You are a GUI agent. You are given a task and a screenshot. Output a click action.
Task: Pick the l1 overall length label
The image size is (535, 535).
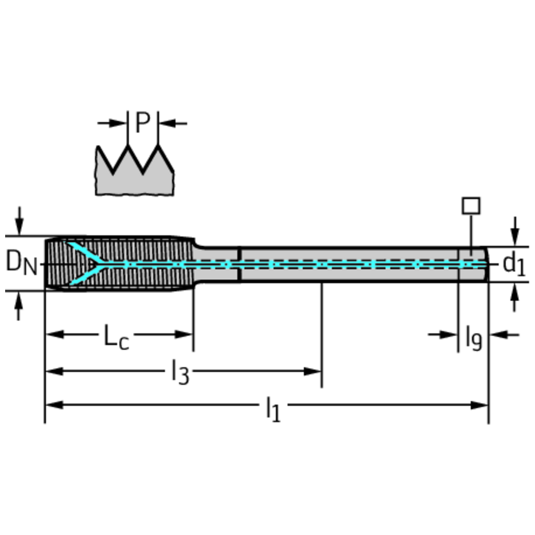pos(273,409)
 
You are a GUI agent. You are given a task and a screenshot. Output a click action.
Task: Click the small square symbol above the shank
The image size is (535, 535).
pos(471,206)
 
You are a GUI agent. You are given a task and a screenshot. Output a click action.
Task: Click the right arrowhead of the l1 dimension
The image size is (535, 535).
pos(479,405)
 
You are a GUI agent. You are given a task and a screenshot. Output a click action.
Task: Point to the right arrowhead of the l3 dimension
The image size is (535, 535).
pos(312,371)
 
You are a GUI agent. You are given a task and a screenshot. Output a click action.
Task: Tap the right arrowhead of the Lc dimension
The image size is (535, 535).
pos(184,335)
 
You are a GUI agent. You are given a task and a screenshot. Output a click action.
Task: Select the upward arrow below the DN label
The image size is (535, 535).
pos(19,306)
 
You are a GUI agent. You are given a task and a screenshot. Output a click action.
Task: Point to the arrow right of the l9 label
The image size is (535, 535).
pos(505,335)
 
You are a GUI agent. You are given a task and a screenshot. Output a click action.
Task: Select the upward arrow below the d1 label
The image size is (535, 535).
pos(515,298)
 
